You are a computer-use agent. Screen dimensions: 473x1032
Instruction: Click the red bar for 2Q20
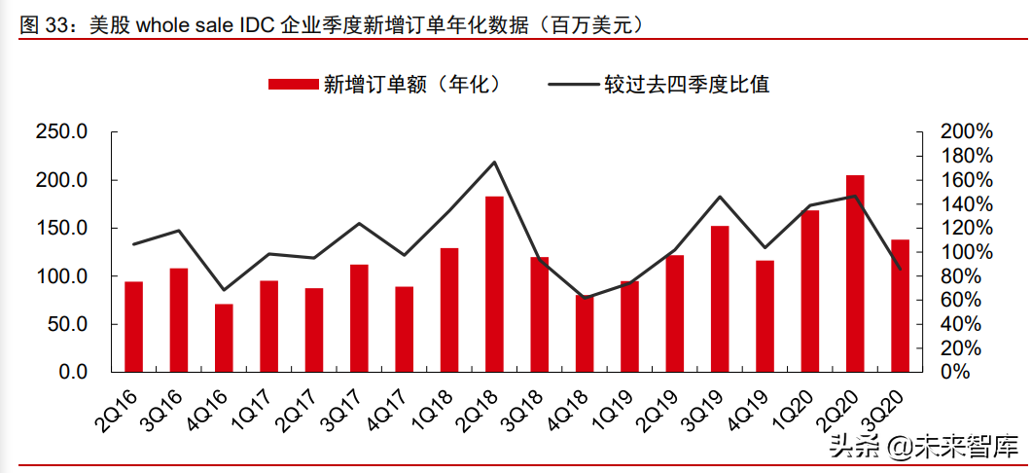(854, 273)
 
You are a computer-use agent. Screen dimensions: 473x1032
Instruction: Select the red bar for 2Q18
(494, 284)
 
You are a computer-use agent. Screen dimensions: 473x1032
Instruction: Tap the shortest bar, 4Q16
(224, 338)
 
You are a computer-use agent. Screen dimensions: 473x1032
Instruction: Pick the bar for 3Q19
(720, 299)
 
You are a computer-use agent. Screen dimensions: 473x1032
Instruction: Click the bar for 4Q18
(585, 333)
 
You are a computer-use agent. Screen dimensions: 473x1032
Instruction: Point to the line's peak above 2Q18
(494, 162)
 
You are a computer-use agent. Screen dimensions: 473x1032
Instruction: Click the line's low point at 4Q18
(585, 297)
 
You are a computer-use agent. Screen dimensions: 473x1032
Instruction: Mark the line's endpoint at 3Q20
(900, 269)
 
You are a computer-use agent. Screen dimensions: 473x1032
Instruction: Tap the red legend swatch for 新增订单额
(293, 85)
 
